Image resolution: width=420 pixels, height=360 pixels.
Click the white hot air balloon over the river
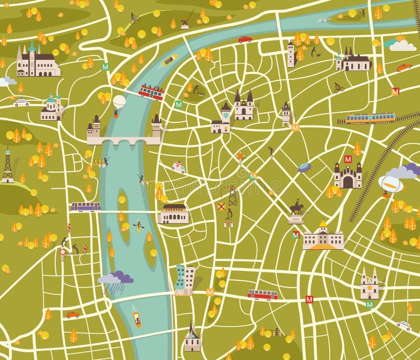click(x=119, y=101)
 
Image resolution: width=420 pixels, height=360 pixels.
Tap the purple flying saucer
click(x=304, y=167)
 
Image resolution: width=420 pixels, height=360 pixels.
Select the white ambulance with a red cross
click(x=178, y=167)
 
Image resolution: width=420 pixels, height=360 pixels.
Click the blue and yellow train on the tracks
click(x=370, y=118)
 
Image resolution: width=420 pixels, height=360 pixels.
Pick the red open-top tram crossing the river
click(x=151, y=92)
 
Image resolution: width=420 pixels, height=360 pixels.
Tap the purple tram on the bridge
click(x=86, y=207)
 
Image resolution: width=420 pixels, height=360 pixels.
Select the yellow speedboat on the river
click(x=169, y=60)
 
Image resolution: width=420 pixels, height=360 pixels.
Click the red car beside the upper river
click(x=245, y=39)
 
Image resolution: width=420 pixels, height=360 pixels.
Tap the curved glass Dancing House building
click(x=185, y=279)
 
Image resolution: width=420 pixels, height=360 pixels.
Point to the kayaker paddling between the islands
click(x=139, y=226)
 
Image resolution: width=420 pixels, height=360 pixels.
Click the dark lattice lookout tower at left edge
click(x=7, y=167)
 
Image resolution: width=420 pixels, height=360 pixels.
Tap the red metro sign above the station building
click(x=348, y=159)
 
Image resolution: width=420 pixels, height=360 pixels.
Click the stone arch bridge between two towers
click(x=124, y=141)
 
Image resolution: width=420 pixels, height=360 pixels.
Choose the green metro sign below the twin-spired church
click(x=370, y=304)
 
